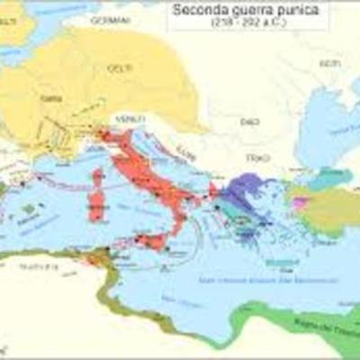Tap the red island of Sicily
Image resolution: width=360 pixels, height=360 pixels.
click(x=152, y=242)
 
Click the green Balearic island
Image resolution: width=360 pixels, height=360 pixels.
click(x=30, y=209)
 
